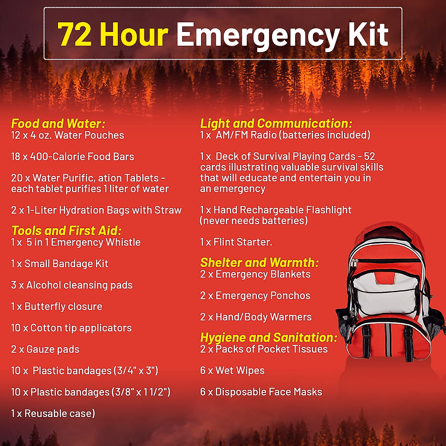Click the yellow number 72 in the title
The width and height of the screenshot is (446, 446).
click(74, 34)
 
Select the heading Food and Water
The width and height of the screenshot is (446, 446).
click(58, 123)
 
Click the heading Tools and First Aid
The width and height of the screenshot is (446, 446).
click(67, 230)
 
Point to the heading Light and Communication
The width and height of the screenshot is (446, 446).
click(276, 123)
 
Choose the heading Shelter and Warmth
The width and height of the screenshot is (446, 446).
click(259, 262)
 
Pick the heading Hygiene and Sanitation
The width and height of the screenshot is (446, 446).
click(268, 337)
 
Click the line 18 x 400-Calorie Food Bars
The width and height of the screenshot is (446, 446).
click(72, 156)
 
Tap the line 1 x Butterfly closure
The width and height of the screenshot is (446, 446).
click(56, 307)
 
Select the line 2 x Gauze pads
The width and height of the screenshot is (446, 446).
click(45, 349)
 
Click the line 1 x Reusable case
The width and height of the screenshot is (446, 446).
click(53, 413)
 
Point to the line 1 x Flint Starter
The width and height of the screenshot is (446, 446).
click(236, 242)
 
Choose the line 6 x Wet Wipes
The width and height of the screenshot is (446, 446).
click(232, 371)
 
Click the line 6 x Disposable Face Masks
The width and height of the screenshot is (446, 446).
click(261, 392)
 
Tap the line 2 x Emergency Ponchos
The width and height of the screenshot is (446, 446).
click(255, 296)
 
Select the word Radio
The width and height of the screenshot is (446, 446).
click(264, 135)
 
